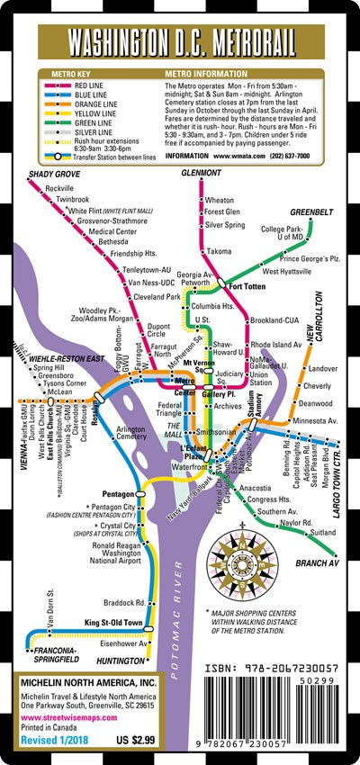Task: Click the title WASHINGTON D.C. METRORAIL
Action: [x=179, y=42]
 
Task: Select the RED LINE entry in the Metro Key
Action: [x=91, y=85]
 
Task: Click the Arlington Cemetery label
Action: [x=131, y=434]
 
